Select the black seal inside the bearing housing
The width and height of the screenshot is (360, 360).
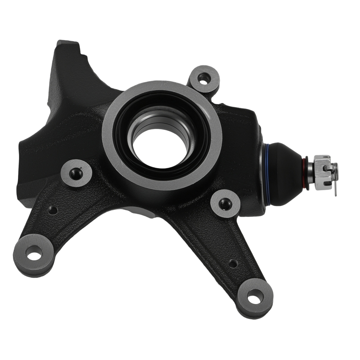point(122,144)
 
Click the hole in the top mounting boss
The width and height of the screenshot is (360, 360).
point(204,77)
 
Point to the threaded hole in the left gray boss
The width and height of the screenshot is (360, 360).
point(76,173)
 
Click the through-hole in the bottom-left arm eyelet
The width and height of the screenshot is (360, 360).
point(34,256)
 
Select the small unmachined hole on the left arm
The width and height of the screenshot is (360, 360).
point(53,210)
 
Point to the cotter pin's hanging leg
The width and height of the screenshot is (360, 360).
point(335,189)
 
